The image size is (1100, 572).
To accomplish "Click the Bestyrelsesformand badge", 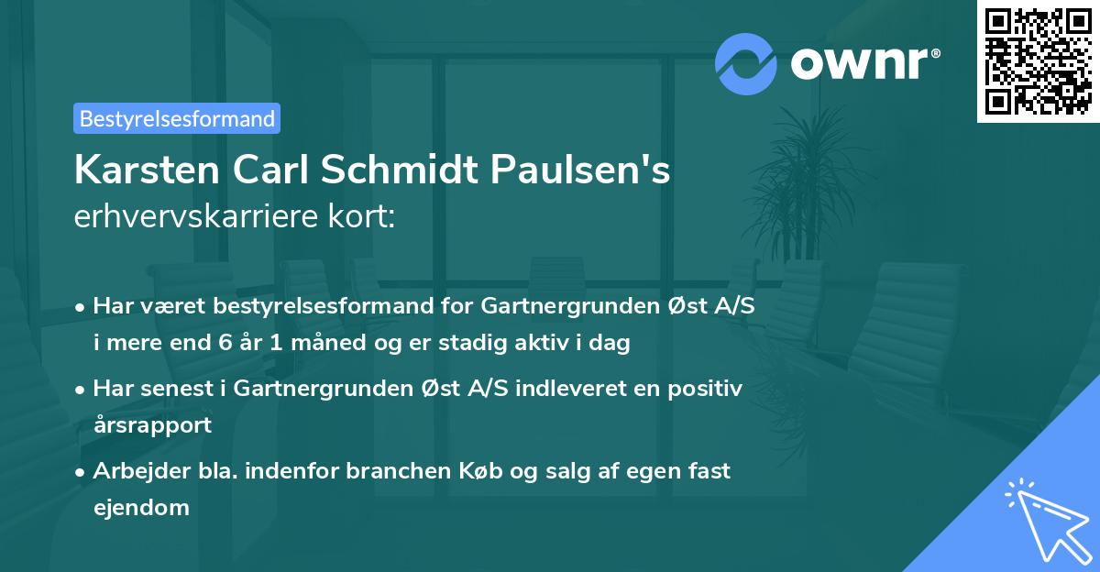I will [177, 118].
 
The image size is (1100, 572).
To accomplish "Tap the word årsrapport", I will [152, 424].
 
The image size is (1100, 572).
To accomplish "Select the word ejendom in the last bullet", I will [141, 506].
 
